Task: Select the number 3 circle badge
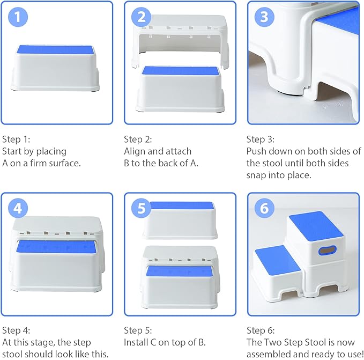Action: (263, 17)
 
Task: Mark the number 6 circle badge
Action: (263, 208)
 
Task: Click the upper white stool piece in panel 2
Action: (180, 35)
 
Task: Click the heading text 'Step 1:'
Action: (16, 139)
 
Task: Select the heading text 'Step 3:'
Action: (260, 139)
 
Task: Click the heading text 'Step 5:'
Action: (138, 330)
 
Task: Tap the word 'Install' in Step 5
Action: (137, 342)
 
